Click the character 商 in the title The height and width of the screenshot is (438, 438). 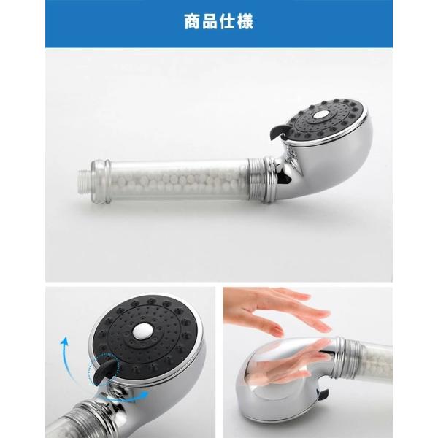[x=193, y=21]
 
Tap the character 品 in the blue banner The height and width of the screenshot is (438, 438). [x=210, y=21]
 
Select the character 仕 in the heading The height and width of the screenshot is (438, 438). [x=228, y=21]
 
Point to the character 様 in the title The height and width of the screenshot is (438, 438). [x=245, y=21]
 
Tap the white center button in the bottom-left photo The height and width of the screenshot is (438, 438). [x=142, y=332]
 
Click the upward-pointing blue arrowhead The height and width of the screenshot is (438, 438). [x=64, y=342]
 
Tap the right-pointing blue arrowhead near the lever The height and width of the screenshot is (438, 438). [x=143, y=395]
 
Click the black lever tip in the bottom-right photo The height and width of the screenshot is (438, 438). [x=323, y=394]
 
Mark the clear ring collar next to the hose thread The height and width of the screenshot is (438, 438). [x=100, y=182]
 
